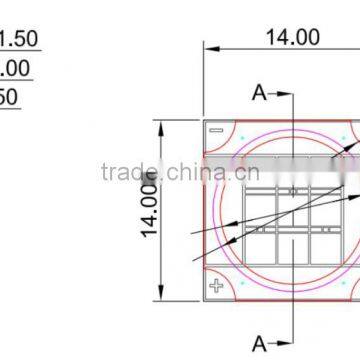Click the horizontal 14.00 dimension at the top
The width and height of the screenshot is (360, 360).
click(292, 37)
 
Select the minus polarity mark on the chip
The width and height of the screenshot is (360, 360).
click(216, 131)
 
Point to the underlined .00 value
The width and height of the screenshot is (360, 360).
click(15, 69)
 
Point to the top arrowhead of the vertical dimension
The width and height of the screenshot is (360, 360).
click(159, 125)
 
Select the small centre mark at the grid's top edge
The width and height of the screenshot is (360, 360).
click(292, 190)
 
